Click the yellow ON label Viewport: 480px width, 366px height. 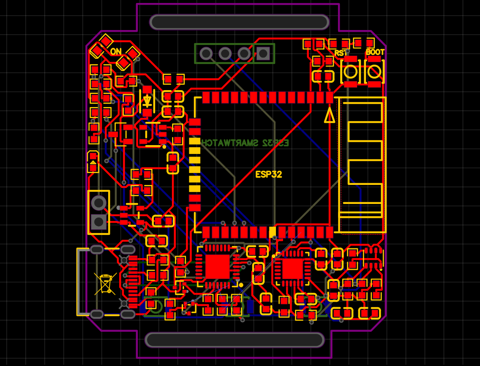[x=115, y=52]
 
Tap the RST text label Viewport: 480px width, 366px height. [x=341, y=53]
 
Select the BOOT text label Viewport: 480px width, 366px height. [x=375, y=52]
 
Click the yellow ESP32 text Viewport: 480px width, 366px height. [x=268, y=174]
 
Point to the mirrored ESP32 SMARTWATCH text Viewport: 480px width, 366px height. [x=245, y=143]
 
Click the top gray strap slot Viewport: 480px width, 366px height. [x=239, y=22]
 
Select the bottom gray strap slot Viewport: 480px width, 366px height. [x=235, y=340]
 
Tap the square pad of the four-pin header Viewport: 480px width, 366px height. [x=263, y=53]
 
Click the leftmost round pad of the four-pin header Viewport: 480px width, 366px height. [x=206, y=53]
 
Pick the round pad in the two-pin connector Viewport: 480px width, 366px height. [x=98, y=203]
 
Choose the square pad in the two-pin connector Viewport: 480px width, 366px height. [x=98, y=221]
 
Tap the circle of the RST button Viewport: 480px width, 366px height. [x=350, y=72]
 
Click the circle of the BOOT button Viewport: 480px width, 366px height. [x=374, y=72]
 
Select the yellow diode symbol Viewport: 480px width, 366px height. [x=147, y=101]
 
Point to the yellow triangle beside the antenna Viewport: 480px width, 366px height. [x=330, y=115]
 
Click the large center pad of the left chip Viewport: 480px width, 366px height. [x=217, y=267]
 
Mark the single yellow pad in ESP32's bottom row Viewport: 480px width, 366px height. [x=273, y=232]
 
